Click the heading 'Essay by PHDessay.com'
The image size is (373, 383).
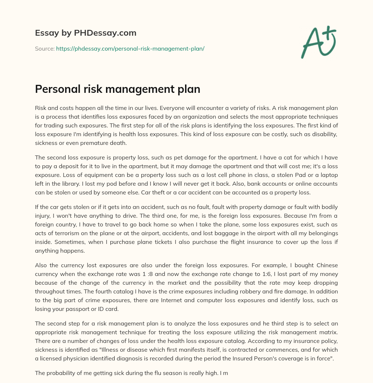86,33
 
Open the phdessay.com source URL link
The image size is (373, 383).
130,48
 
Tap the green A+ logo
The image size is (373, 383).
318,42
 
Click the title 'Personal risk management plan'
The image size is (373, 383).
117,89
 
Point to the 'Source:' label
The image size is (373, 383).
44,48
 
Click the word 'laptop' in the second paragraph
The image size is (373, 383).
329,175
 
